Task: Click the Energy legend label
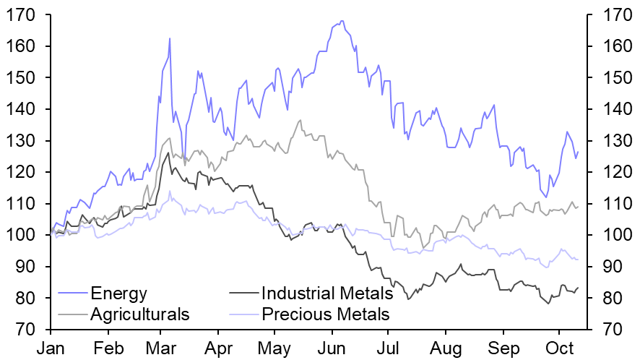tap(118, 293)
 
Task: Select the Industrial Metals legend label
tap(327, 293)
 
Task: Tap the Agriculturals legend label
tap(140, 314)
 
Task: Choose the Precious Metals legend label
tap(325, 314)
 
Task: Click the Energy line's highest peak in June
tap(342, 21)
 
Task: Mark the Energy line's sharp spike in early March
tap(170, 38)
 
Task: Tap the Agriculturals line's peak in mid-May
tap(300, 120)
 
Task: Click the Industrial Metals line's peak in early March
tap(168, 153)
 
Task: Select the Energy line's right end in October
tap(578, 152)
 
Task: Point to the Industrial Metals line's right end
tap(578, 288)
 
